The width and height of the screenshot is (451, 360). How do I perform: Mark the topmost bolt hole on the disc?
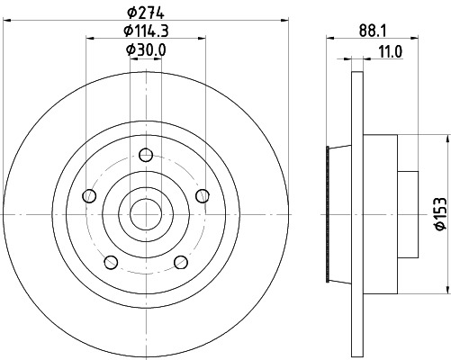[145, 152]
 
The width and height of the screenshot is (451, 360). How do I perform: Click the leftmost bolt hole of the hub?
[87, 195]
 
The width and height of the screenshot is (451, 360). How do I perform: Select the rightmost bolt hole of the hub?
[203, 195]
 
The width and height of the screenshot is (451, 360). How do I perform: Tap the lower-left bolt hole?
[110, 262]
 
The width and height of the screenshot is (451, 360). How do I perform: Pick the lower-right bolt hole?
[181, 262]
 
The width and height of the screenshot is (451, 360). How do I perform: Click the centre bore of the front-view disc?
[145, 214]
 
